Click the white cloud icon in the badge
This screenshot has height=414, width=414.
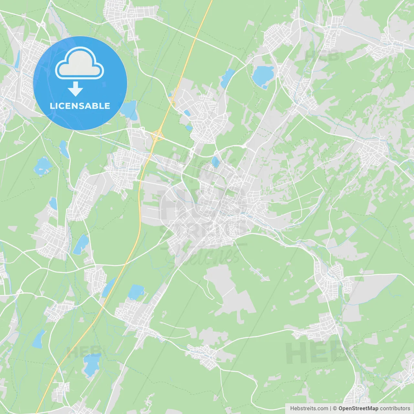[80, 63]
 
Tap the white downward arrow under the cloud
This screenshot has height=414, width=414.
[75, 89]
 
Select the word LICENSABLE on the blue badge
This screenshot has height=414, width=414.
[80, 106]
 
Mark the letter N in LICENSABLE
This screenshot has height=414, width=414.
[76, 106]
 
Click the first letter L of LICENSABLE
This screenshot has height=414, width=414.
[52, 106]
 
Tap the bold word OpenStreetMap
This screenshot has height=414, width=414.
[358, 409]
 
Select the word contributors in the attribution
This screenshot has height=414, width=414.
[395, 409]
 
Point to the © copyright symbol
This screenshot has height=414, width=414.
[335, 409]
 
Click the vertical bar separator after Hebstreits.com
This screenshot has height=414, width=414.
[330, 409]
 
